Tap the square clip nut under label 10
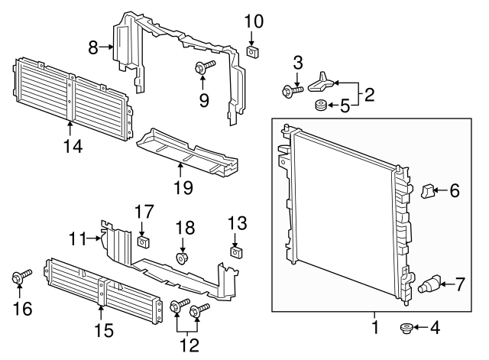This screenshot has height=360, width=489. pyautogui.click(x=253, y=52)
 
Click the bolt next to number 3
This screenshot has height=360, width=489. pyautogui.click(x=291, y=92)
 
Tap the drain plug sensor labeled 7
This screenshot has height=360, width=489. pyautogui.click(x=430, y=287)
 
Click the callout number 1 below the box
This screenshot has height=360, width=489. pyautogui.click(x=374, y=328)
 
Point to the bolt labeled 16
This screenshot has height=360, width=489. pyautogui.click(x=20, y=277)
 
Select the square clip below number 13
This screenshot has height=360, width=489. pyautogui.click(x=237, y=251)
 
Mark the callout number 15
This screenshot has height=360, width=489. pyautogui.click(x=102, y=330)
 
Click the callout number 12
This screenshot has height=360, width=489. pyautogui.click(x=189, y=344)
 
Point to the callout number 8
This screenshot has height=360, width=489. pyautogui.click(x=93, y=47)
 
